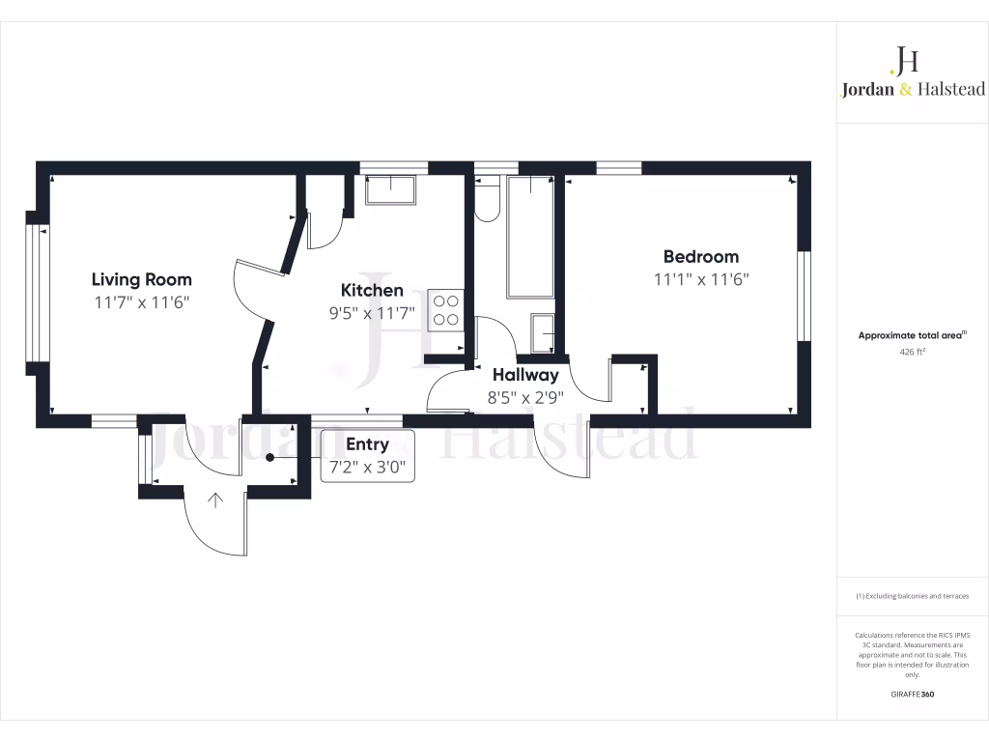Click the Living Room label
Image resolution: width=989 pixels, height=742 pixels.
pyautogui.click(x=141, y=279)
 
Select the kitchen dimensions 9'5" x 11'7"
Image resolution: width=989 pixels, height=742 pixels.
pyautogui.click(x=372, y=313)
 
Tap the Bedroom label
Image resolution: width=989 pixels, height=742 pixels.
pyautogui.click(x=700, y=256)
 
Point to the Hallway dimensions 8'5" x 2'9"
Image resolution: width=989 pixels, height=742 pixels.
pyautogui.click(x=525, y=396)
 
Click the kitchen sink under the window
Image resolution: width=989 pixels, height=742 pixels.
pyautogui.click(x=390, y=189)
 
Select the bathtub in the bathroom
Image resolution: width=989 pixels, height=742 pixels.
pyautogui.click(x=530, y=237)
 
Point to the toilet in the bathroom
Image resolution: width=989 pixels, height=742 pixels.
pyautogui.click(x=486, y=199)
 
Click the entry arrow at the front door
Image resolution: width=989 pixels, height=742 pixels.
pyautogui.click(x=214, y=499)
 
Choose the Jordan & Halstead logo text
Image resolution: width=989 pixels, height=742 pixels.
pyautogui.click(x=913, y=89)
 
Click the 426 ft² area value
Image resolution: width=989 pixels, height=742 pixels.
pyautogui.click(x=913, y=353)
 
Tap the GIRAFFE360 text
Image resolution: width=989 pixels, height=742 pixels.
pyautogui.click(x=913, y=695)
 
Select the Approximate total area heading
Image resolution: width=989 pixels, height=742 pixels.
pyautogui.click(x=913, y=335)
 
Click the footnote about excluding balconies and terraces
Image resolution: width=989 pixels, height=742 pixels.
pyautogui.click(x=913, y=596)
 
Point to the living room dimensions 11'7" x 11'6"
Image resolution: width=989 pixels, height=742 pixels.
pyautogui.click(x=141, y=302)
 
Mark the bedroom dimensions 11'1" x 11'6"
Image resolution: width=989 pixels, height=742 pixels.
pyautogui.click(x=700, y=279)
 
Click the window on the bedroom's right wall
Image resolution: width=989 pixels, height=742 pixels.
pyautogui.click(x=804, y=297)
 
